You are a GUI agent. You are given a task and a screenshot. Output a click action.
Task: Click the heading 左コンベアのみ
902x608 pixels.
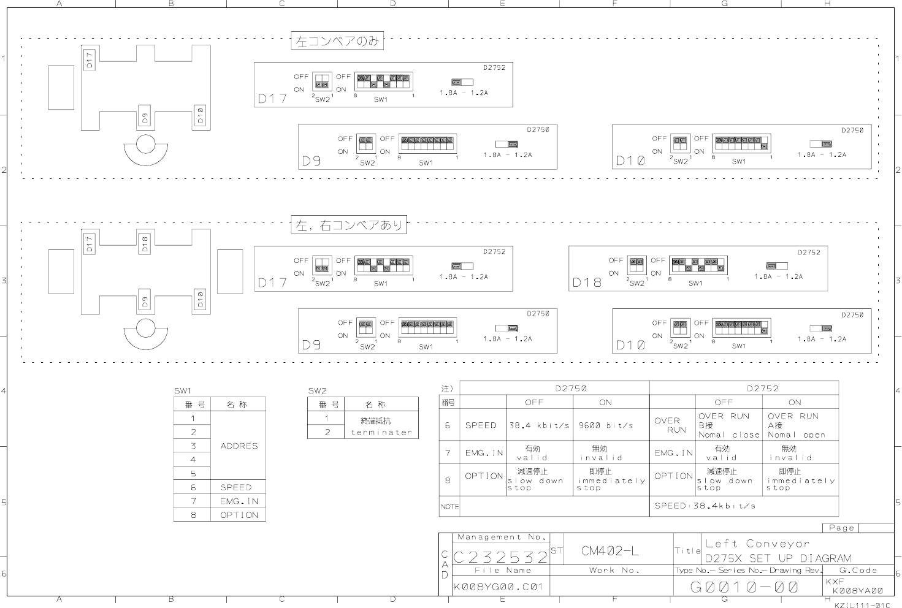click(x=337, y=42)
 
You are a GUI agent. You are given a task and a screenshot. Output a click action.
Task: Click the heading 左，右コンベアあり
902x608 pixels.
click(x=349, y=226)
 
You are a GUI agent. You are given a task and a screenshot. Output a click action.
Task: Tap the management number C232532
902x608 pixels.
click(x=500, y=557)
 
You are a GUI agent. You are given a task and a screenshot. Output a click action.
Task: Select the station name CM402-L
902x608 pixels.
click(x=610, y=551)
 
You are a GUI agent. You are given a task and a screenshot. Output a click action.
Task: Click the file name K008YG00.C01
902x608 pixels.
click(x=499, y=587)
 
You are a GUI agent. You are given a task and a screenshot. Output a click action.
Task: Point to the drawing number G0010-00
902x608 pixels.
click(x=744, y=587)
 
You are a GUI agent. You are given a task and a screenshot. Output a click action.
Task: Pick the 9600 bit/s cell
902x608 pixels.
click(x=605, y=425)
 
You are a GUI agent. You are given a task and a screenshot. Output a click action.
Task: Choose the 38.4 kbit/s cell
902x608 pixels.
click(x=539, y=425)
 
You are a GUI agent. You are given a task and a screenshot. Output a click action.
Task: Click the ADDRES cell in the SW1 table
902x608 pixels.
click(x=239, y=446)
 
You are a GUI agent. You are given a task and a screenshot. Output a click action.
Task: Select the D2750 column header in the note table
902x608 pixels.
click(x=554, y=388)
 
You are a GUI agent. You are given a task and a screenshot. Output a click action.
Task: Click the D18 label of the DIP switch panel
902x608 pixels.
click(x=586, y=283)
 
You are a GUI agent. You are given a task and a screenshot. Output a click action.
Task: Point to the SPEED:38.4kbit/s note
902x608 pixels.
click(x=705, y=506)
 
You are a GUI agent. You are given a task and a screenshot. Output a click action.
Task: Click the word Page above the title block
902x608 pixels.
click(x=841, y=528)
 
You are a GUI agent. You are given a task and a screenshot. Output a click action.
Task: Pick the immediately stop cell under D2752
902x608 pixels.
click(x=800, y=481)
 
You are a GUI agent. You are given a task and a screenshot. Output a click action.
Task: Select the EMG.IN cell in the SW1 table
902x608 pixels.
click(x=239, y=501)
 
